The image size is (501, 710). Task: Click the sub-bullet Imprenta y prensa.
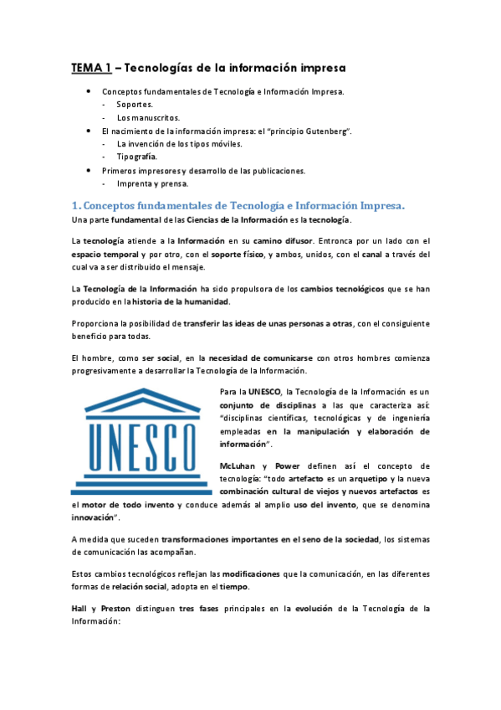pos(153,183)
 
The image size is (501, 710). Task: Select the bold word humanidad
pos(203,301)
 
